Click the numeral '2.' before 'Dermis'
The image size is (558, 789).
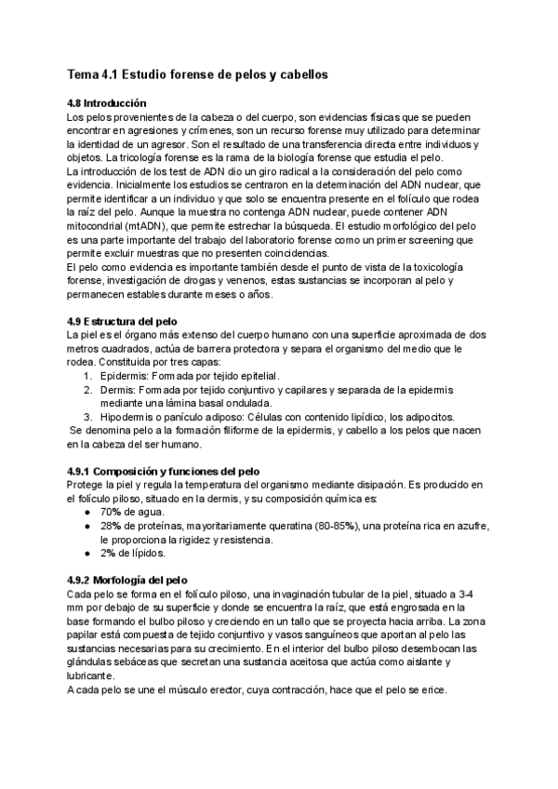point(88,390)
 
